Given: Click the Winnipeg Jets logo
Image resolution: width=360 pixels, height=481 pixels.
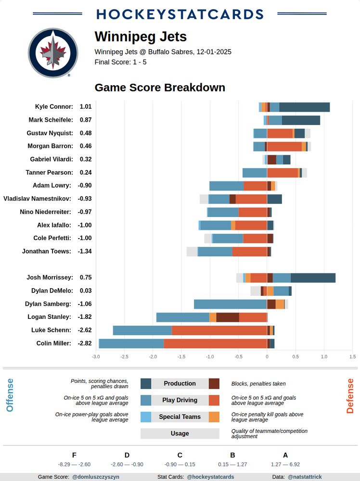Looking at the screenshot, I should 53,53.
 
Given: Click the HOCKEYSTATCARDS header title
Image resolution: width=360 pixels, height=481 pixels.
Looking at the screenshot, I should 180,14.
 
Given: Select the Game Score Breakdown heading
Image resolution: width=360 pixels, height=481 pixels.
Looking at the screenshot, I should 160,88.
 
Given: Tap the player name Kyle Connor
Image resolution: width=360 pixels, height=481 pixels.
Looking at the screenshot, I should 54,107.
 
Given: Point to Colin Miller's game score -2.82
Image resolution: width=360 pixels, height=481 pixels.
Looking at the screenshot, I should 85,343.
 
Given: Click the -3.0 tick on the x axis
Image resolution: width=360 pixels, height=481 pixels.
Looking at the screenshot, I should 96,357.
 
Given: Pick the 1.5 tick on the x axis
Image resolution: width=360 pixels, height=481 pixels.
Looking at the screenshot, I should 352,357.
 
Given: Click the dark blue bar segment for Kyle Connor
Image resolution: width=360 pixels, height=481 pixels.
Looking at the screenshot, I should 304,107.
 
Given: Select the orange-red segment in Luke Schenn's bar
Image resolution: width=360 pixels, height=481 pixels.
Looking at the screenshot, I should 219,330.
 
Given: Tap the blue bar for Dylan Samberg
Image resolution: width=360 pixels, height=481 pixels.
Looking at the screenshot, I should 230,304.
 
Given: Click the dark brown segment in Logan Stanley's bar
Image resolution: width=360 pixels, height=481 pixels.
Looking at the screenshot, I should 228,317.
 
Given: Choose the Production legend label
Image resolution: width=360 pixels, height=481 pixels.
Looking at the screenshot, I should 180,384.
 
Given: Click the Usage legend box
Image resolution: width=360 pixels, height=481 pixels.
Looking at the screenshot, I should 180,433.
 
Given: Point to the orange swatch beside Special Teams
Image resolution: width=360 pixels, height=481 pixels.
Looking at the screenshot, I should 214,417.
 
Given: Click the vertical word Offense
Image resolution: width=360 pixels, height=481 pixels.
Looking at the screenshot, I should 10,395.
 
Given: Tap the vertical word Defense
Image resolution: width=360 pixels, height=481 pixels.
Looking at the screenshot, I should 350,395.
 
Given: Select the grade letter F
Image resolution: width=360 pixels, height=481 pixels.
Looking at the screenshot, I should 74,455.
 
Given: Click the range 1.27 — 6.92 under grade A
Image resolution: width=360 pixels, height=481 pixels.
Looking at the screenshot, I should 285,465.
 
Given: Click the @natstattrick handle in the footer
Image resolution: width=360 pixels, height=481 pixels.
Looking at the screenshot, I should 305,477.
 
